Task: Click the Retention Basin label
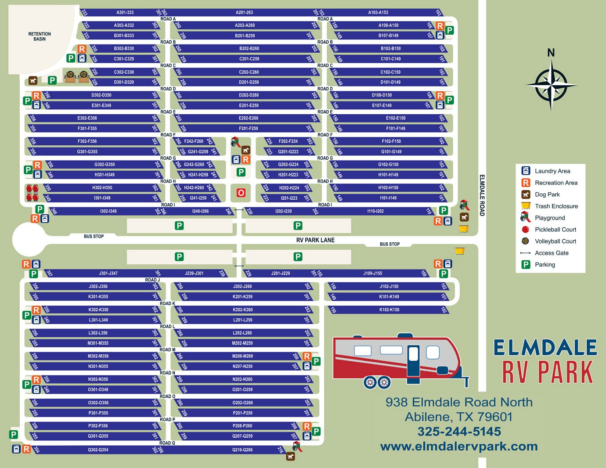click(40, 36)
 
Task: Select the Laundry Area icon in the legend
click(525, 171)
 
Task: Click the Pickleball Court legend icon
click(525, 229)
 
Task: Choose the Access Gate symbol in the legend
click(525, 253)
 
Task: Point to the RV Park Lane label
click(315, 240)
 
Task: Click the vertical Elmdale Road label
click(482, 195)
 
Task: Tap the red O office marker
click(241, 193)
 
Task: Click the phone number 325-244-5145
click(459, 432)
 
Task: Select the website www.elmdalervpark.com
click(459, 446)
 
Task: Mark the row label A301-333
click(125, 12)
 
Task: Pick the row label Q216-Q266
click(242, 450)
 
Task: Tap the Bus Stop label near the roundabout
click(94, 236)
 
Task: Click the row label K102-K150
click(389, 310)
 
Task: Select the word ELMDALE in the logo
click(545, 348)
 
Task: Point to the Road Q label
click(167, 443)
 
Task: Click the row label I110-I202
click(375, 211)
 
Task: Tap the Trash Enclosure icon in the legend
click(525, 206)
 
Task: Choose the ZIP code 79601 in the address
click(493, 417)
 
